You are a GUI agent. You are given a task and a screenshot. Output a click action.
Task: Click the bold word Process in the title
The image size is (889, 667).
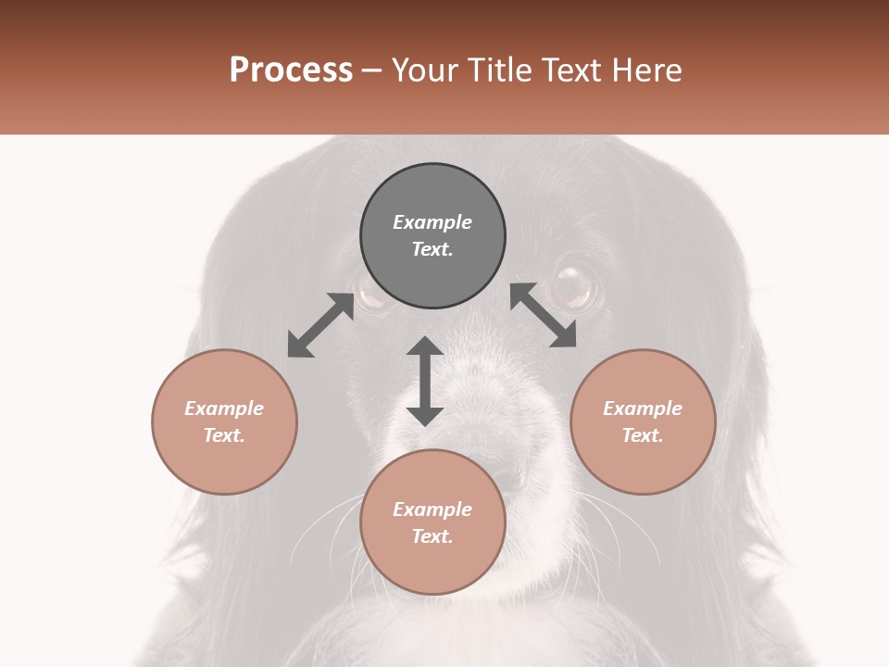click(291, 70)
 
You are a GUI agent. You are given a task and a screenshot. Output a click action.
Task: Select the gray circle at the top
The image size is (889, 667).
click(432, 236)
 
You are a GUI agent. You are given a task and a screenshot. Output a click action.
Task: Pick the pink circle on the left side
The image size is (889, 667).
click(224, 422)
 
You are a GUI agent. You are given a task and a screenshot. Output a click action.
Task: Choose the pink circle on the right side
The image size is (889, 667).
click(643, 422)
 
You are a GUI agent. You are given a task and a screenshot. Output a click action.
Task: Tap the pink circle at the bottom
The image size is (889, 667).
click(432, 522)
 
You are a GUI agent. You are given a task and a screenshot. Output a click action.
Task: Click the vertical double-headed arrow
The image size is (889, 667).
click(425, 381)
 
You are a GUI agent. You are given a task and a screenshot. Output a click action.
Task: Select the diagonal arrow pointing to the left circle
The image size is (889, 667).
click(320, 325)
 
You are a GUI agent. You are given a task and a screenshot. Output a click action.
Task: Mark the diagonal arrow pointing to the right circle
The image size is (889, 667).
click(544, 315)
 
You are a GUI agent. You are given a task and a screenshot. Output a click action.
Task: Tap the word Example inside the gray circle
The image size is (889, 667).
click(432, 222)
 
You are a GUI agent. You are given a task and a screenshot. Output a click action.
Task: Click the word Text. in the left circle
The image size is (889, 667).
click(224, 435)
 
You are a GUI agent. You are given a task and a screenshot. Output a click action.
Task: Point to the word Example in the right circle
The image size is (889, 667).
click(643, 409)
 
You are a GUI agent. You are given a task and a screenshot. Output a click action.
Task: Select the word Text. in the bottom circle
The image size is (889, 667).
click(432, 536)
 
